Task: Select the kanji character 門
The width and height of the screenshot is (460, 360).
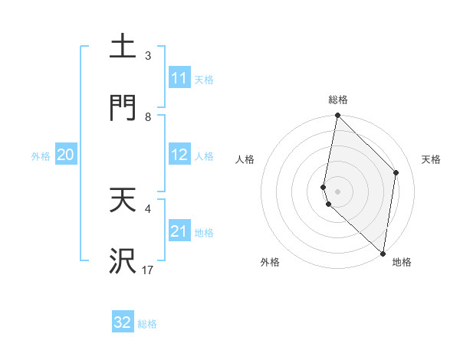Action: coord(123,108)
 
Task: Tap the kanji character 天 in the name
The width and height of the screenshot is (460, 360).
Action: coord(123,200)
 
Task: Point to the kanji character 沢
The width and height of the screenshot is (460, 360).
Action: coord(123,261)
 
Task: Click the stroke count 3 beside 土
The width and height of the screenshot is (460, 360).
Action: coord(148,56)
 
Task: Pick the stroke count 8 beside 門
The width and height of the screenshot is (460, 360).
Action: coord(148,117)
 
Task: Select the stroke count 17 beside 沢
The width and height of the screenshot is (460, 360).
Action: coord(148,270)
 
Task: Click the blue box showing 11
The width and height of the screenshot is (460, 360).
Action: coord(179,78)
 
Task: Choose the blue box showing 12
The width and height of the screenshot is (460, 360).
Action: coord(179,155)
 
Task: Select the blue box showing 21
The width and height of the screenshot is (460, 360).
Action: coord(179,231)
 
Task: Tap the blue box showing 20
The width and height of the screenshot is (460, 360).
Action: coord(66,155)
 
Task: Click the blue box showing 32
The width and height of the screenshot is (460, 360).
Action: coord(123,322)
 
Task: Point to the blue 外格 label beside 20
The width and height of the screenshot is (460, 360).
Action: coord(41,155)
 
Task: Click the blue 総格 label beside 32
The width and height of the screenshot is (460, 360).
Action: coord(147,324)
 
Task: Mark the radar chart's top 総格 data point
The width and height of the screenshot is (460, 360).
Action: coord(337,116)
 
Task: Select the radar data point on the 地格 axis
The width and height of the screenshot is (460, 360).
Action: coord(383,253)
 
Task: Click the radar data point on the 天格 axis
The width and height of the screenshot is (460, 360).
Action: coord(396,172)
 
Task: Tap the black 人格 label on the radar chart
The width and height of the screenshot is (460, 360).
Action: coord(245,159)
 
